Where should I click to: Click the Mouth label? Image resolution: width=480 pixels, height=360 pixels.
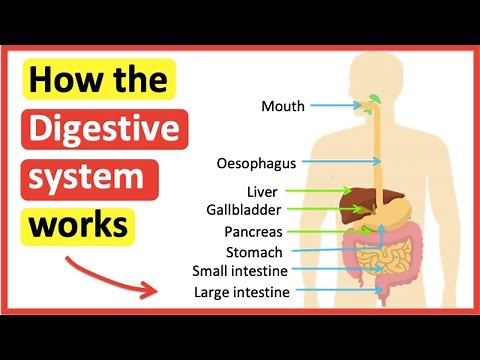click(x=283, y=105)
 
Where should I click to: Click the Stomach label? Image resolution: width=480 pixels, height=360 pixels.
click(x=253, y=252)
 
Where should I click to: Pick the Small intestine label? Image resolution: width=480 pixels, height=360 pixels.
click(x=240, y=271)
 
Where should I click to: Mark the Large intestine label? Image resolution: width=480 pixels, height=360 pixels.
click(x=241, y=292)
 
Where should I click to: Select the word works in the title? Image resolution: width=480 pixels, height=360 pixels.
click(x=79, y=227)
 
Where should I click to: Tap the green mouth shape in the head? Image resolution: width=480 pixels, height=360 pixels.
click(x=373, y=100)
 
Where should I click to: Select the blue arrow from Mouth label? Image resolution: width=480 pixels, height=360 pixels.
click(x=337, y=105)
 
